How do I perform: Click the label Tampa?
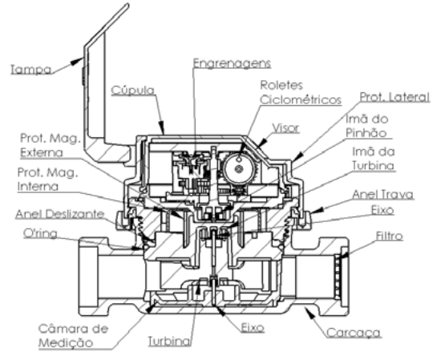(x=31, y=69)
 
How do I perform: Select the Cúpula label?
(x=133, y=91)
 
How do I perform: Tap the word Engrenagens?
(x=232, y=63)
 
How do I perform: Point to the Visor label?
(x=285, y=127)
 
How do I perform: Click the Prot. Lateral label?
(x=395, y=97)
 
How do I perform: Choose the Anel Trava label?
(x=383, y=194)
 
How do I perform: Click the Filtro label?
(x=390, y=236)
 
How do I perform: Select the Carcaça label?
(x=354, y=333)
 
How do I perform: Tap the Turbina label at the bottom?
(x=169, y=341)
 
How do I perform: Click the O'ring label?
(x=40, y=233)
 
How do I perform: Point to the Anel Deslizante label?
(x=60, y=214)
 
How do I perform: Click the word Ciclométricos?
(x=301, y=99)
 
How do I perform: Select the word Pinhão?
(x=366, y=133)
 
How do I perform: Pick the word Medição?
(x=66, y=343)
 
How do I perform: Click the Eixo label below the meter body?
(x=253, y=328)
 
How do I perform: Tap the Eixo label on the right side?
(x=382, y=210)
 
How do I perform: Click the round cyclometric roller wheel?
(x=239, y=168)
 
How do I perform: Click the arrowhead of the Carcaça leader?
(x=310, y=312)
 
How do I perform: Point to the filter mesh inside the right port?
(x=338, y=276)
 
